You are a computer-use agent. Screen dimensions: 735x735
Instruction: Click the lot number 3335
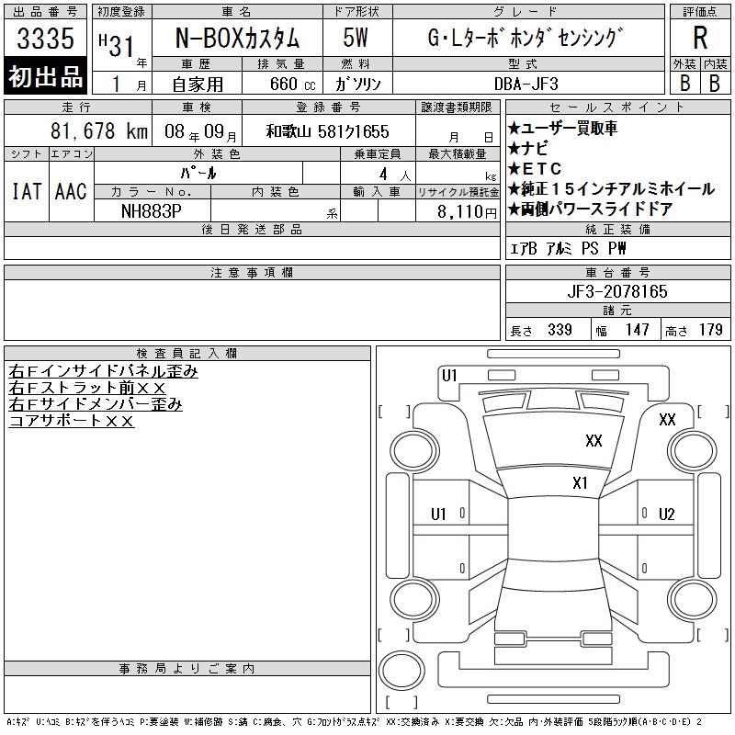(45, 38)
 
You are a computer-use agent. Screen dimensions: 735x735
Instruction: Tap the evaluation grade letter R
(700, 38)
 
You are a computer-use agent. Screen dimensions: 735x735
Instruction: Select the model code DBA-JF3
(526, 84)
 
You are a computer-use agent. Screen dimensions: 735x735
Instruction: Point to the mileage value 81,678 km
(99, 130)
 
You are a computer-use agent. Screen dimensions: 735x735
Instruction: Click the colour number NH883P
(151, 211)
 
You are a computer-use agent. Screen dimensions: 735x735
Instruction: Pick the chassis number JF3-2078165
(616, 291)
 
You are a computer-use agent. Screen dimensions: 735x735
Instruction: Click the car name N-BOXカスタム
(237, 38)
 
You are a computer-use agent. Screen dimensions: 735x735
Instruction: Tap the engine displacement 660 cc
(293, 84)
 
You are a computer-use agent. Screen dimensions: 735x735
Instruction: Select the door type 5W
(356, 38)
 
